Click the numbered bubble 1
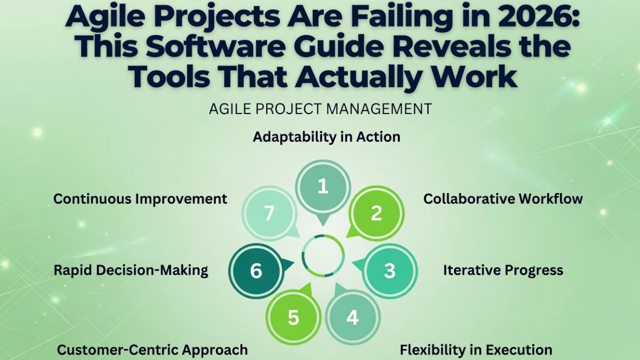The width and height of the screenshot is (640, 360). pyautogui.click(x=323, y=187)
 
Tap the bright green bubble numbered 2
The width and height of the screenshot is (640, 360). pyautogui.click(x=377, y=213)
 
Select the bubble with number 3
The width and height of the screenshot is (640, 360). pyautogui.click(x=390, y=270)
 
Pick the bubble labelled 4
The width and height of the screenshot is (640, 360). pyautogui.click(x=352, y=317)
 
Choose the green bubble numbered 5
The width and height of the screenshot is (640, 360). pyautogui.click(x=293, y=317)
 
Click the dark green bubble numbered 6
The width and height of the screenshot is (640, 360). pyautogui.click(x=256, y=270)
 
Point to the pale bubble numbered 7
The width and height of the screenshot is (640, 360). pyautogui.click(x=269, y=213)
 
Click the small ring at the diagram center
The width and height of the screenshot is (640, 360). pyautogui.click(x=323, y=255)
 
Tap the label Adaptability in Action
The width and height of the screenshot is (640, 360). pyautogui.click(x=326, y=137)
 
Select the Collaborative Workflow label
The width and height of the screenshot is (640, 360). pyautogui.click(x=503, y=199)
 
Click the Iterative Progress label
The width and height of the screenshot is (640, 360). pyautogui.click(x=503, y=270)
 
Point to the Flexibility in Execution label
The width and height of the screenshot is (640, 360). pyautogui.click(x=476, y=350)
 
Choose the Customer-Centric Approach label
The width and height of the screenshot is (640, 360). pyautogui.click(x=153, y=350)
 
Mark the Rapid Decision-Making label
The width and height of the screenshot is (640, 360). pyautogui.click(x=131, y=270)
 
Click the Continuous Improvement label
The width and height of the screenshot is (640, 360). pyautogui.click(x=140, y=199)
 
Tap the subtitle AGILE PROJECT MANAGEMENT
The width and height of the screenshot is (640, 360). pyautogui.click(x=320, y=109)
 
